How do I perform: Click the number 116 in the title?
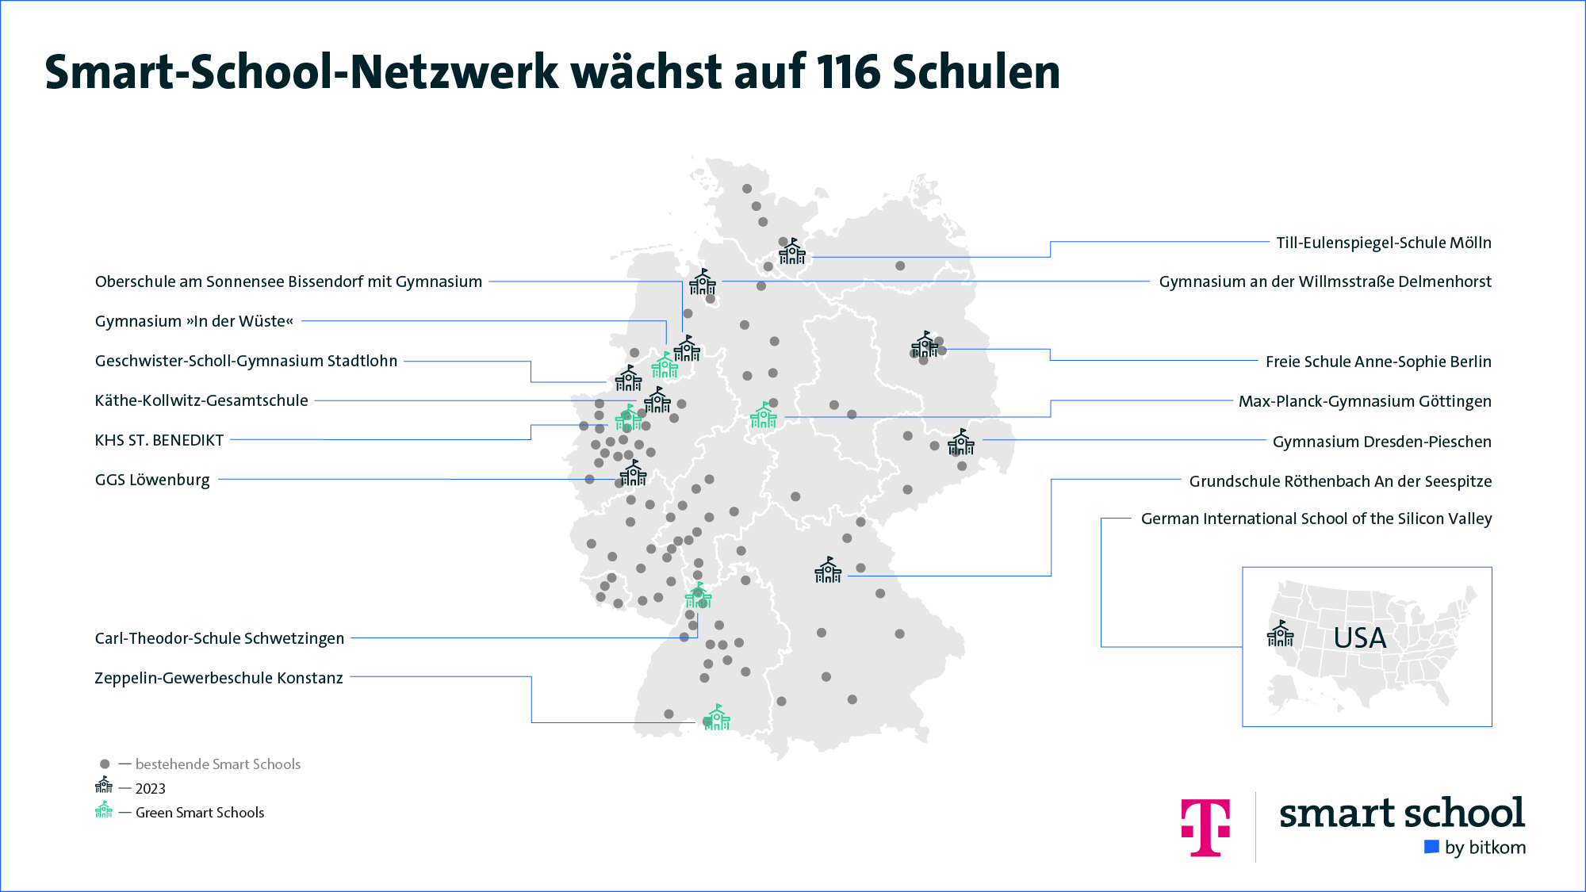(849, 72)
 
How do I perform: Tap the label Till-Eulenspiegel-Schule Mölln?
(1383, 243)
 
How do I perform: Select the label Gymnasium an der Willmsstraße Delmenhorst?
(1324, 281)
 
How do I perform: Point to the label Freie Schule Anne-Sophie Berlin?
(1377, 362)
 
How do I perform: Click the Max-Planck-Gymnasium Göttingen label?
(1364, 401)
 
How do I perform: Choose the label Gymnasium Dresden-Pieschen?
(1381, 442)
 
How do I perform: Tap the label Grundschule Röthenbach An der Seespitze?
(1339, 481)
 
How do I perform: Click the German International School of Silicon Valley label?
(1316, 519)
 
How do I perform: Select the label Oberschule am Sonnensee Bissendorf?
(288, 281)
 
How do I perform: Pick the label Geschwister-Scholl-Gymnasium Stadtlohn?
(246, 361)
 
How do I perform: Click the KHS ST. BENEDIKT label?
(159, 440)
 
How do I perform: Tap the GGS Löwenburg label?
(152, 480)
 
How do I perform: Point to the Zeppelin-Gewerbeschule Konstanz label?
(218, 678)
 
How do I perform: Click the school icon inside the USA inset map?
(1280, 634)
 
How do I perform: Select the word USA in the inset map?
(1359, 638)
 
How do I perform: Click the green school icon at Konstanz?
(717, 718)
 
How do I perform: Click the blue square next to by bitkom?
(1431, 847)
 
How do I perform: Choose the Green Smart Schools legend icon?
(104, 810)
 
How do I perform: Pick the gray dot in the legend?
(105, 764)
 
